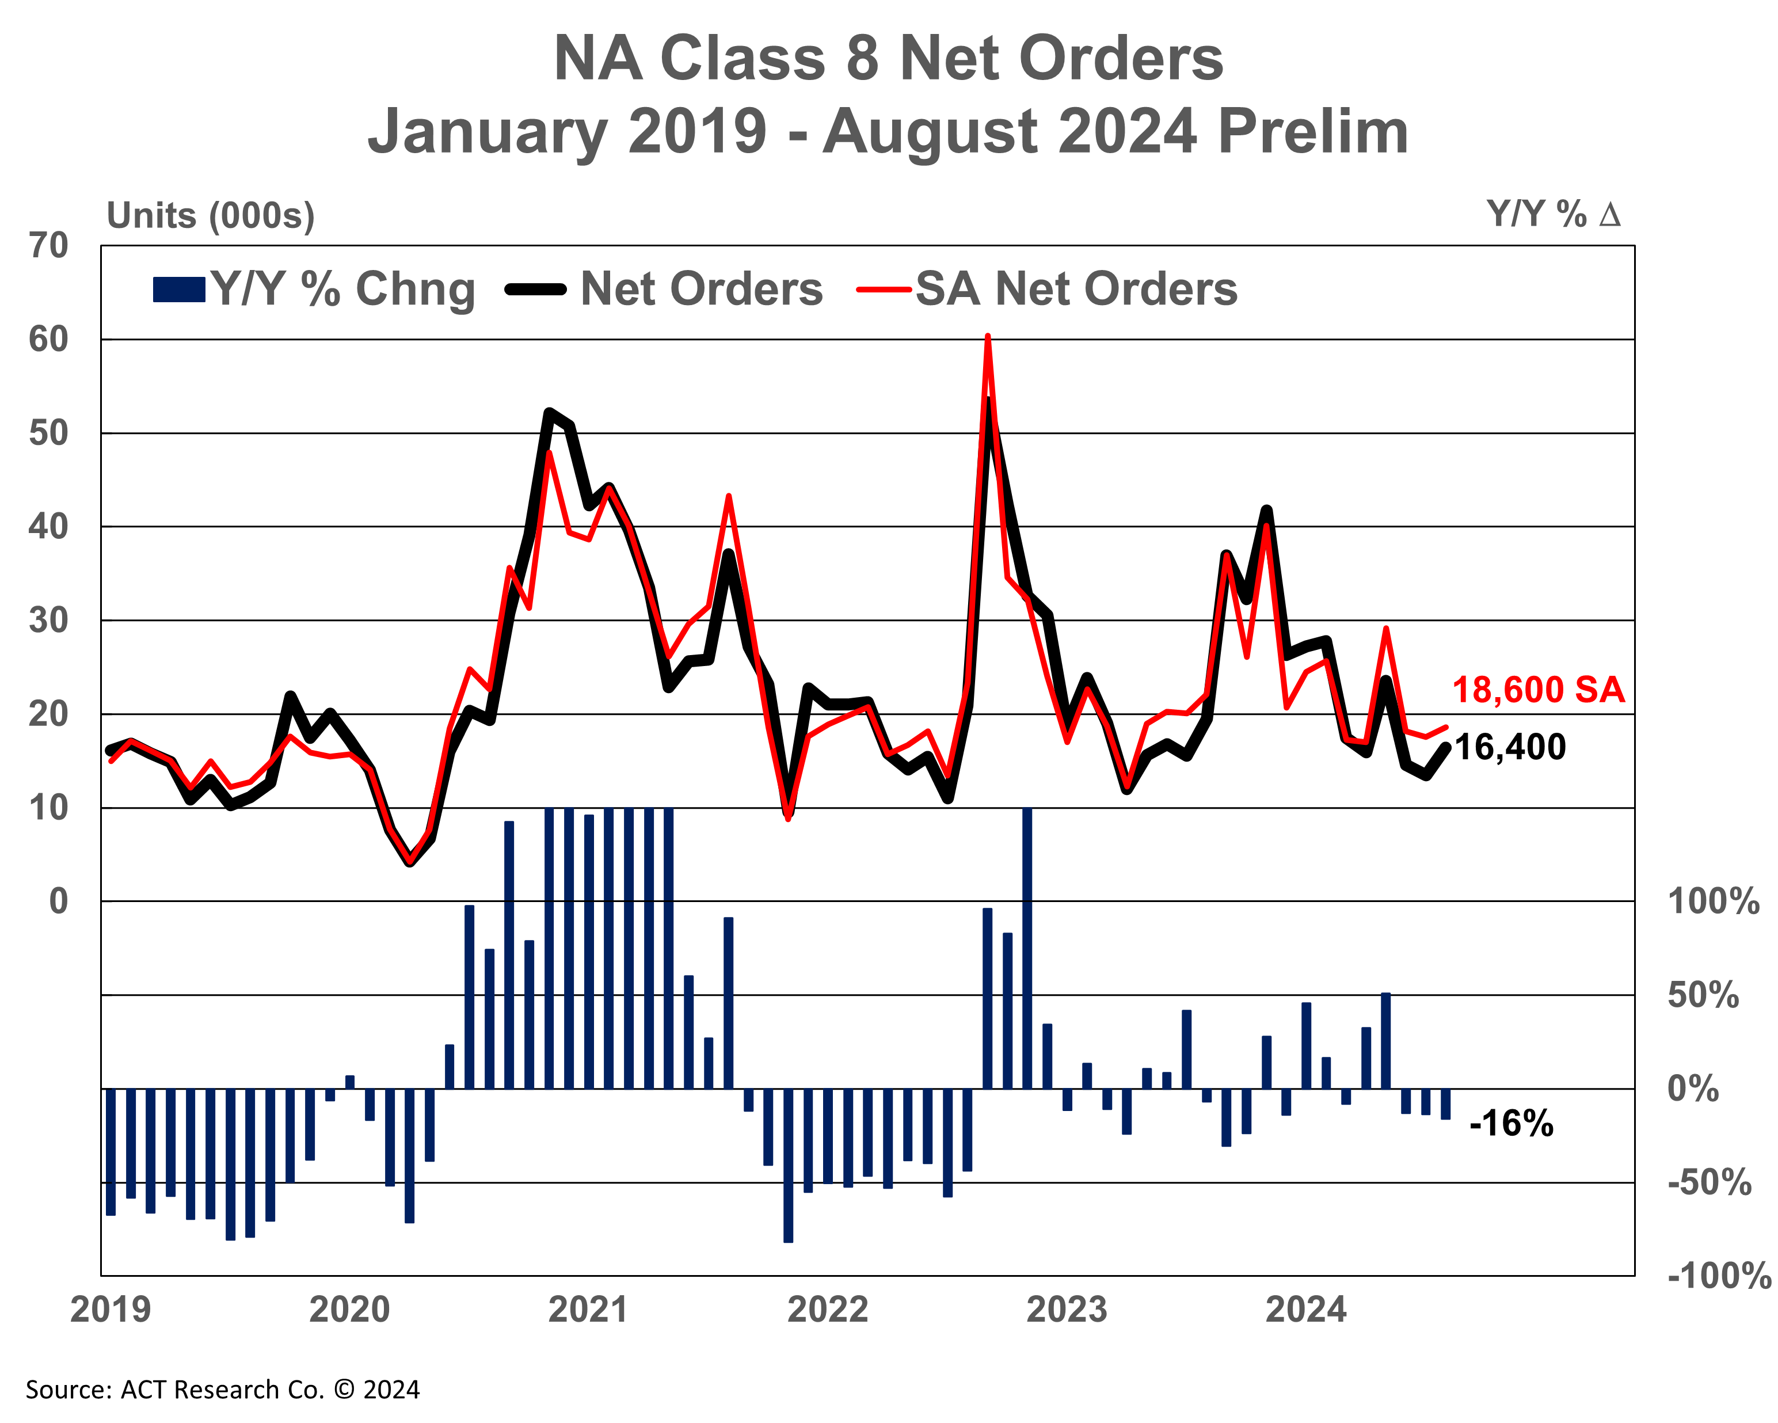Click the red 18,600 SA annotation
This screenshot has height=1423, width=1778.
(x=1537, y=690)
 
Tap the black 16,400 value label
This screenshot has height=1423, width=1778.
(x=1509, y=747)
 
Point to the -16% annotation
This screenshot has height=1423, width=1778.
(x=1511, y=1124)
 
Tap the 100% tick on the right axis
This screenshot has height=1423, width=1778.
(x=1713, y=901)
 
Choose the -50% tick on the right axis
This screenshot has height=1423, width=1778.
(x=1709, y=1182)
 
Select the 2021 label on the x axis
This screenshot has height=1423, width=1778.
(x=588, y=1310)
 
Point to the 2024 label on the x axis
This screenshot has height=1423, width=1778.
(x=1305, y=1310)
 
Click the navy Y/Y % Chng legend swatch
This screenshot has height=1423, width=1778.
(x=179, y=290)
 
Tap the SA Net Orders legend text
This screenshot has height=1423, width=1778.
(x=1076, y=290)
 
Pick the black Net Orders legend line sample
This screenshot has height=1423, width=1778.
(x=536, y=290)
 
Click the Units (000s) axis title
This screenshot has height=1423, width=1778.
(x=210, y=216)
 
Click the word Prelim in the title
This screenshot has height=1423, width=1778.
(x=1313, y=132)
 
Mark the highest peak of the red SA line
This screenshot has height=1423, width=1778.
(x=987, y=337)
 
